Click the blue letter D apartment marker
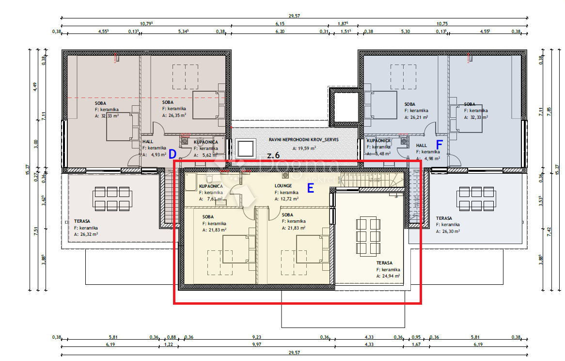172,154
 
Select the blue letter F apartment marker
439,145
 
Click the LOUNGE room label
283,186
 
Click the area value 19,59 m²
304,148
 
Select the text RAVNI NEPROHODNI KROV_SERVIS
304,140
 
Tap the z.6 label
273,155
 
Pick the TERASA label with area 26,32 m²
82,221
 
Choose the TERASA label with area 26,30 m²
444,218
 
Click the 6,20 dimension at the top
281,32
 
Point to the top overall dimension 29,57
294,16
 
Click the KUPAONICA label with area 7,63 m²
211,186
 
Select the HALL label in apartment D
147,142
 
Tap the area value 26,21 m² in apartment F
418,117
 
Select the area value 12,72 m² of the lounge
289,198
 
